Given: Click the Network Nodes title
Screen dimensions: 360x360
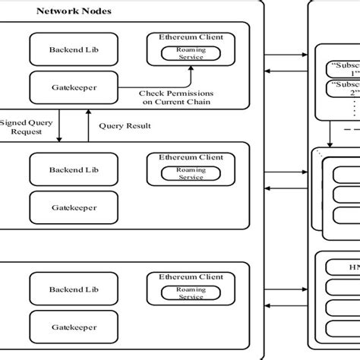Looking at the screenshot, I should (71, 11).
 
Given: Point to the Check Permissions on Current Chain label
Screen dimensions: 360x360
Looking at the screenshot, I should (175, 97).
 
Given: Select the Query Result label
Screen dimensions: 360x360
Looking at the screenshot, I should (125, 126).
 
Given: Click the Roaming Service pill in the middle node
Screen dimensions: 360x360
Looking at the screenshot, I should (191, 173).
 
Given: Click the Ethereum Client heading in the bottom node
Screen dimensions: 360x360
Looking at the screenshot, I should (191, 277).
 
